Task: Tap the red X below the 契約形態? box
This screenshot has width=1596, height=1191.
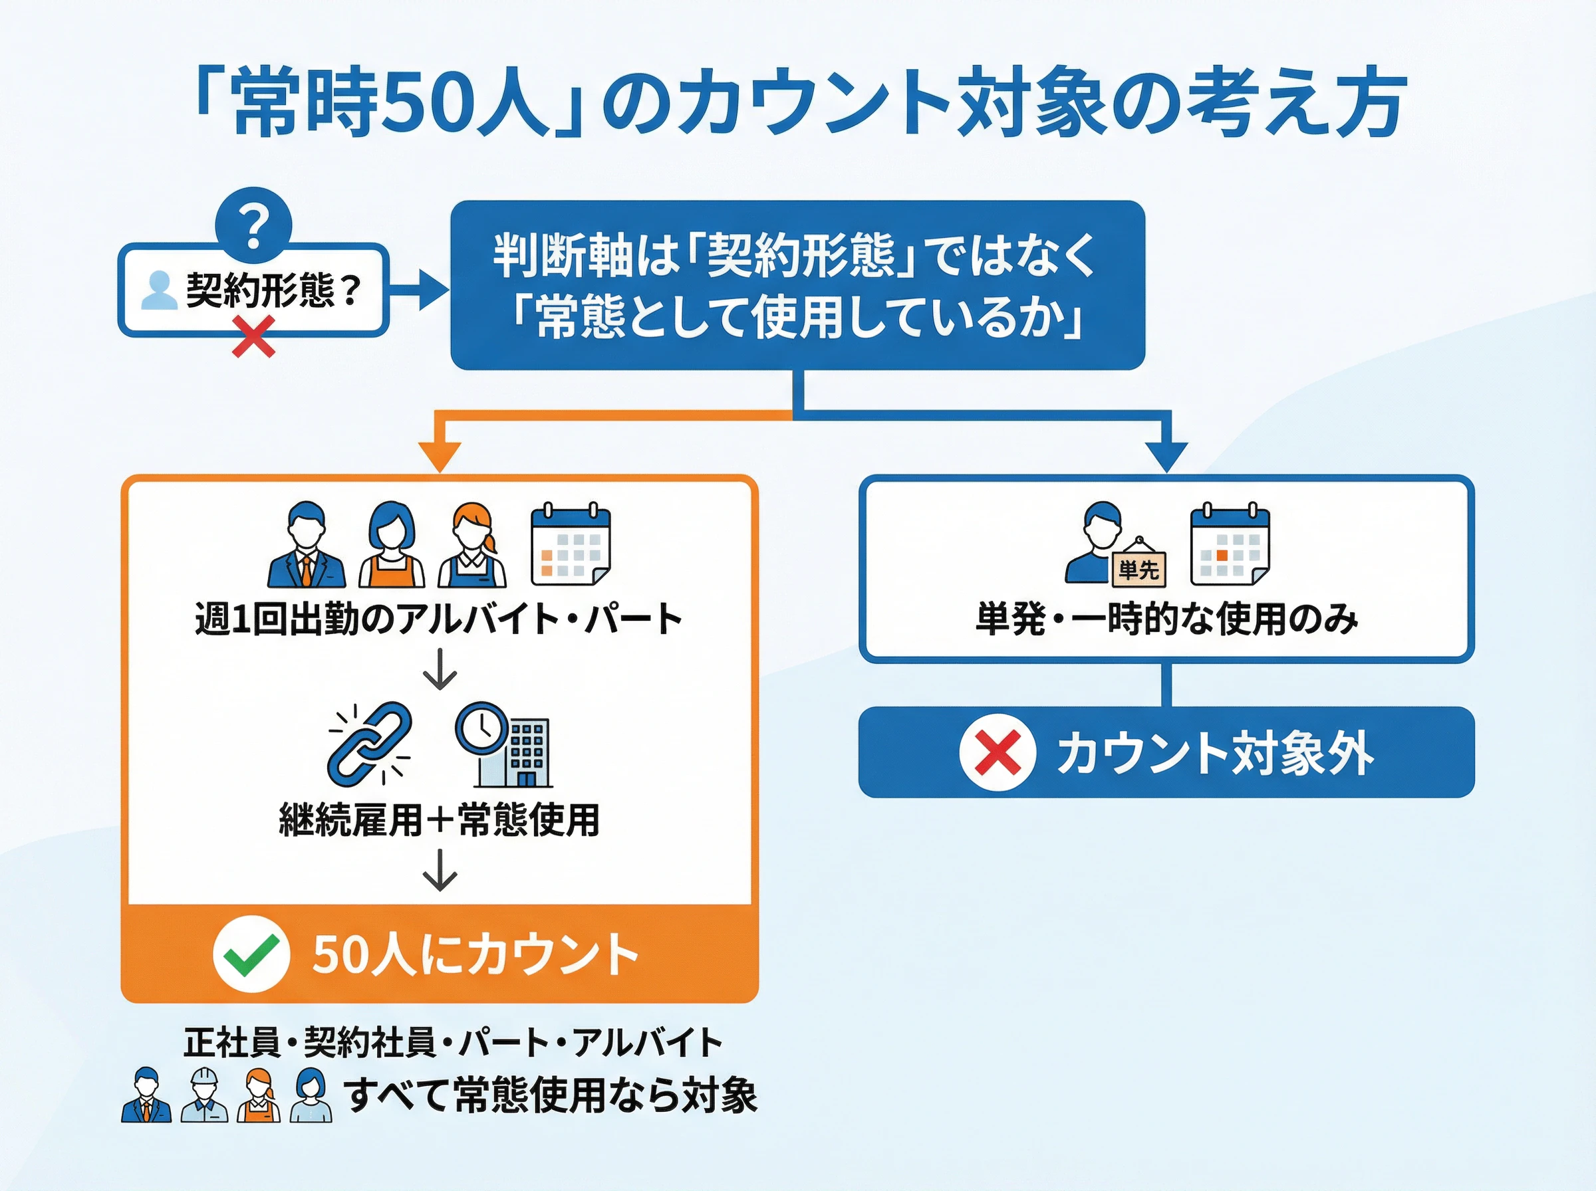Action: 254,338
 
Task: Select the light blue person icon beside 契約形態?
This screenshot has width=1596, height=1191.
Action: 158,290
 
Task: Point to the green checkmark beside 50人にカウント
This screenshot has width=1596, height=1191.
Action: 251,954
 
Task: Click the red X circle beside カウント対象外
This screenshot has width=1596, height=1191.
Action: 997,752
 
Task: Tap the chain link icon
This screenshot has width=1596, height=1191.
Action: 369,744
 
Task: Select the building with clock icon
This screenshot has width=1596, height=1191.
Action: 504,745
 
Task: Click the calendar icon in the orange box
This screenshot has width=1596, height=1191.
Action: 571,545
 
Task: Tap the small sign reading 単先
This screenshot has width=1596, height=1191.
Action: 1138,570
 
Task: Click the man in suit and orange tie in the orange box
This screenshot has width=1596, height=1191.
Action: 307,545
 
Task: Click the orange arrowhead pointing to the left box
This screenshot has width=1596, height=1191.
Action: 439,457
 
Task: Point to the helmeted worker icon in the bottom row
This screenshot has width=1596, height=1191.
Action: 204,1095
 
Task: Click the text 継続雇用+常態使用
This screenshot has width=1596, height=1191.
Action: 439,819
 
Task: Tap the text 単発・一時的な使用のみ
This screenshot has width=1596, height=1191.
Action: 1166,619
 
